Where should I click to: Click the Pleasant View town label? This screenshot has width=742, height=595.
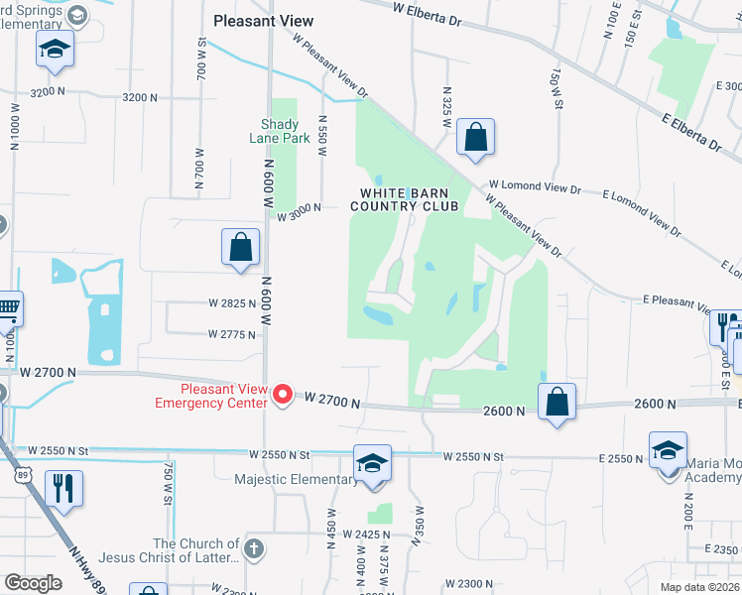[x=264, y=20]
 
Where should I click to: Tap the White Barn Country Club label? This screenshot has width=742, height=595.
[x=410, y=199]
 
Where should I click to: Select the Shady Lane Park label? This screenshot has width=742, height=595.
[x=286, y=131]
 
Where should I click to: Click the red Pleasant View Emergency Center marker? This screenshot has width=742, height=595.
[x=283, y=396]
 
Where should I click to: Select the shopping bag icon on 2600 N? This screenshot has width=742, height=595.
[x=557, y=402]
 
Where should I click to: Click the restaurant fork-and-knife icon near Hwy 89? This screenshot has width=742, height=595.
[x=63, y=489]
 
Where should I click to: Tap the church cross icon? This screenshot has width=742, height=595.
[x=254, y=546]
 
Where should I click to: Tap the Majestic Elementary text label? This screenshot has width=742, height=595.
[x=296, y=480]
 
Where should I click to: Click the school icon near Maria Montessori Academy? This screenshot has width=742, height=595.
[x=669, y=449]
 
